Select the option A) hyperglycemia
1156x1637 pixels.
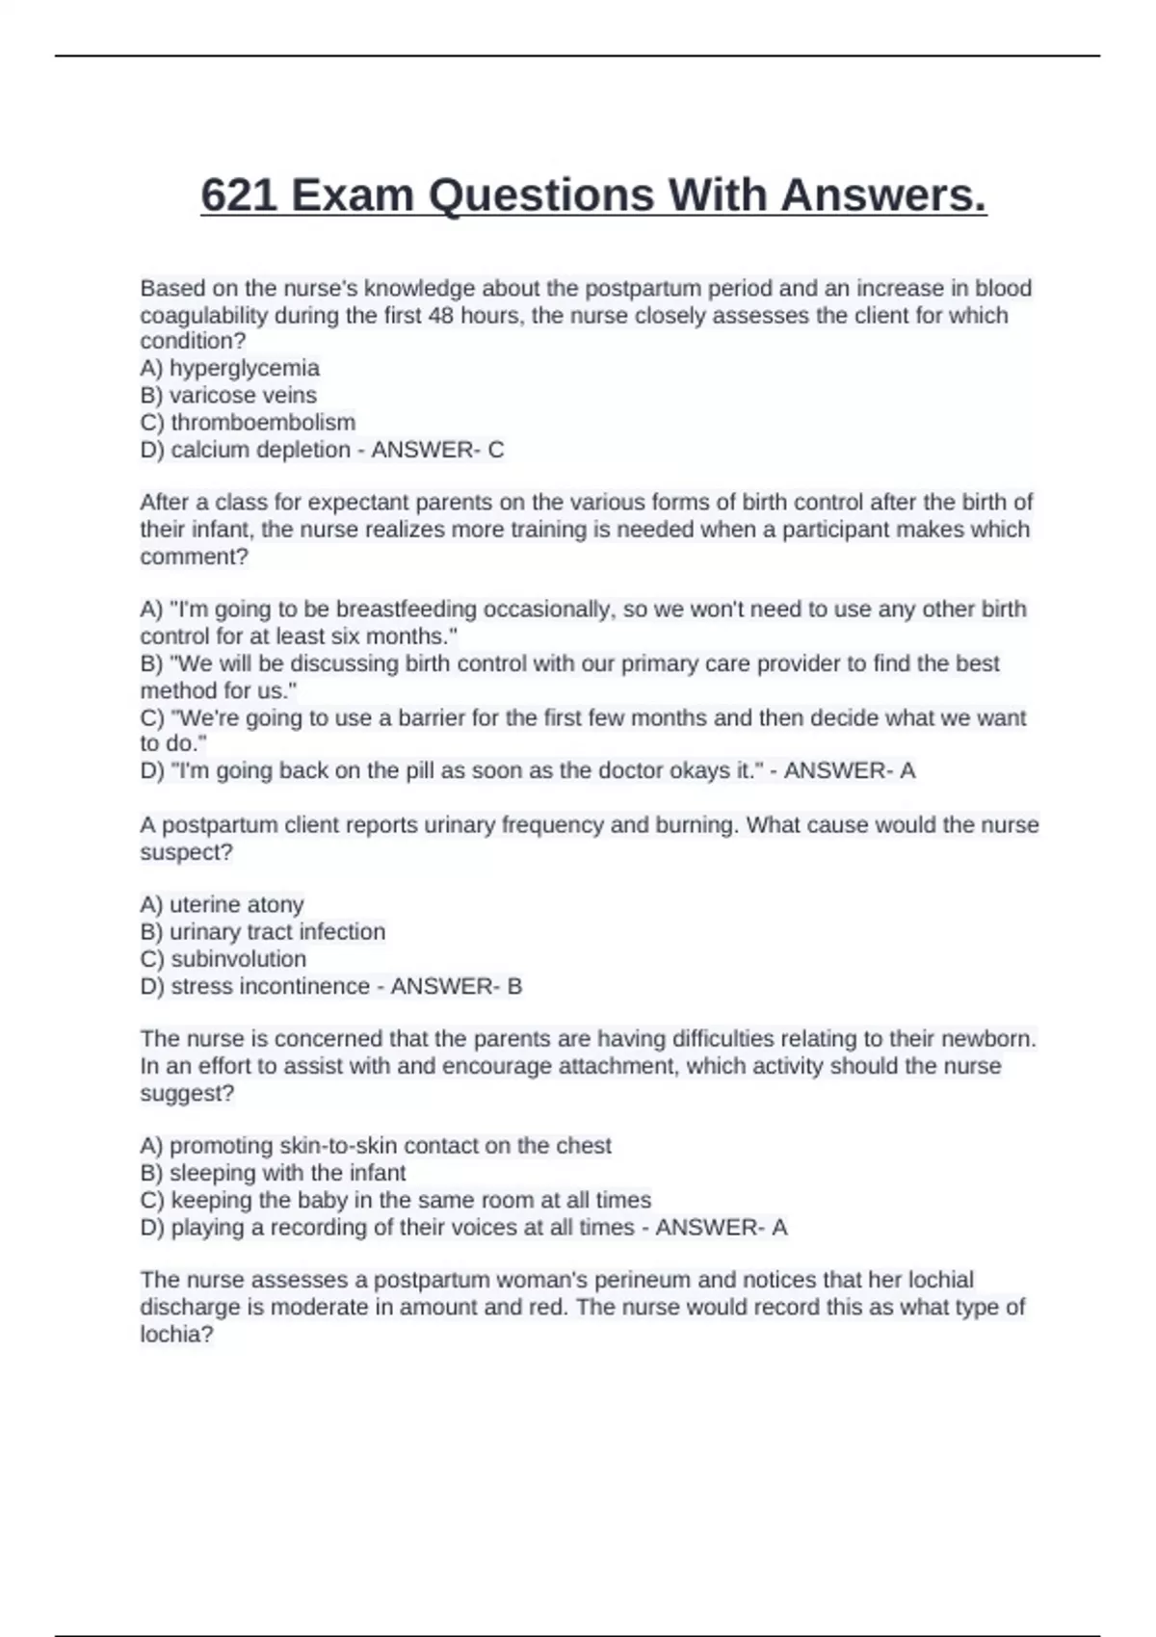coord(230,368)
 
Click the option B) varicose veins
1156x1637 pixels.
coord(228,395)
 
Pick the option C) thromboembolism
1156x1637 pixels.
coord(248,422)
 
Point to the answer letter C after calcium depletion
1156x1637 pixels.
coord(495,450)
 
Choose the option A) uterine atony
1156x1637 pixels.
coord(222,904)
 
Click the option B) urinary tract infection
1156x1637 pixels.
coord(263,931)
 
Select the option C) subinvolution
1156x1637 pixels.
coord(223,959)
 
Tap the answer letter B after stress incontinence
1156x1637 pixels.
coord(514,986)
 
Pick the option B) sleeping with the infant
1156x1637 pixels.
coord(273,1173)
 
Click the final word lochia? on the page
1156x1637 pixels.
coord(176,1335)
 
